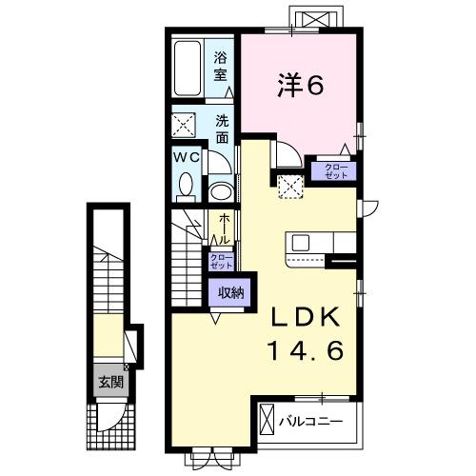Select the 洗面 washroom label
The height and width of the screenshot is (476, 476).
point(221,129)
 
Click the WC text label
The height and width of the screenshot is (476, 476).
point(187,156)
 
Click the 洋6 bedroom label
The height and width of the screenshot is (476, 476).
point(300,86)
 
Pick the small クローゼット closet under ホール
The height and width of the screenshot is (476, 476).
point(220,262)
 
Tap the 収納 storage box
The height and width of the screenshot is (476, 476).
point(229,292)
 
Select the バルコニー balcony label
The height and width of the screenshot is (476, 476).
point(318,420)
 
